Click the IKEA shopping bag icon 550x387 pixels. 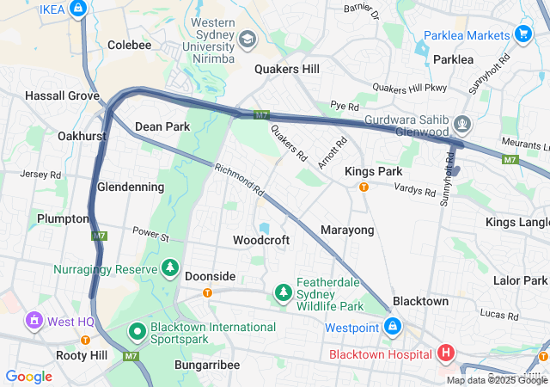pyautogui.click(x=78, y=9)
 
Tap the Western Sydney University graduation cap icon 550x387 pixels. pyautogui.click(x=247, y=40)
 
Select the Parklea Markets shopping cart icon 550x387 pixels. pyautogui.click(x=522, y=34)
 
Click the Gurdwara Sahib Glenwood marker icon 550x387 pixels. pyautogui.click(x=462, y=125)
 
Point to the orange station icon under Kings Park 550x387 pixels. pyautogui.click(x=364, y=187)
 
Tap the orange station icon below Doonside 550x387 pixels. pyautogui.click(x=207, y=292)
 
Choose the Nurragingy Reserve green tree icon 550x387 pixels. pyautogui.click(x=171, y=269)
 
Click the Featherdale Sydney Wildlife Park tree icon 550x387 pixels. pyautogui.click(x=283, y=294)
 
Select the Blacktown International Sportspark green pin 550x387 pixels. pyautogui.click(x=137, y=331)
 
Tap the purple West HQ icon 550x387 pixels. pyautogui.click(x=34, y=322)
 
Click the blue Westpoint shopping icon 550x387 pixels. pyautogui.click(x=392, y=327)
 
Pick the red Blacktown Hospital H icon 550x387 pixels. pyautogui.click(x=445, y=353)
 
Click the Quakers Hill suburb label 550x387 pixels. pyautogui.click(x=287, y=70)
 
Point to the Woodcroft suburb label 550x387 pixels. pyautogui.click(x=261, y=241)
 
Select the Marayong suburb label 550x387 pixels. pyautogui.click(x=347, y=230)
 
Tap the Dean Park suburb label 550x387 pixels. pyautogui.click(x=162, y=126)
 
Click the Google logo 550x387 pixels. pyautogui.click(x=29, y=376)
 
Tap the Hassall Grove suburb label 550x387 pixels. pyautogui.click(x=62, y=95)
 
